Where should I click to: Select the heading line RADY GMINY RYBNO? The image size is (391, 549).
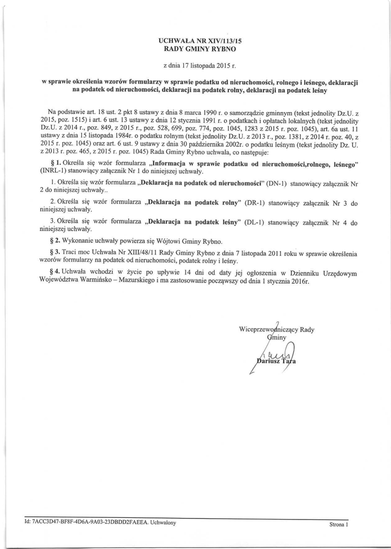tap(196, 49)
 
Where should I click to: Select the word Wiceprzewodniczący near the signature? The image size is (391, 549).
tap(268, 329)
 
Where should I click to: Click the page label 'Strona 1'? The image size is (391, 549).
tap(339, 525)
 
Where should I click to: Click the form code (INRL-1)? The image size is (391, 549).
tap(55, 170)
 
